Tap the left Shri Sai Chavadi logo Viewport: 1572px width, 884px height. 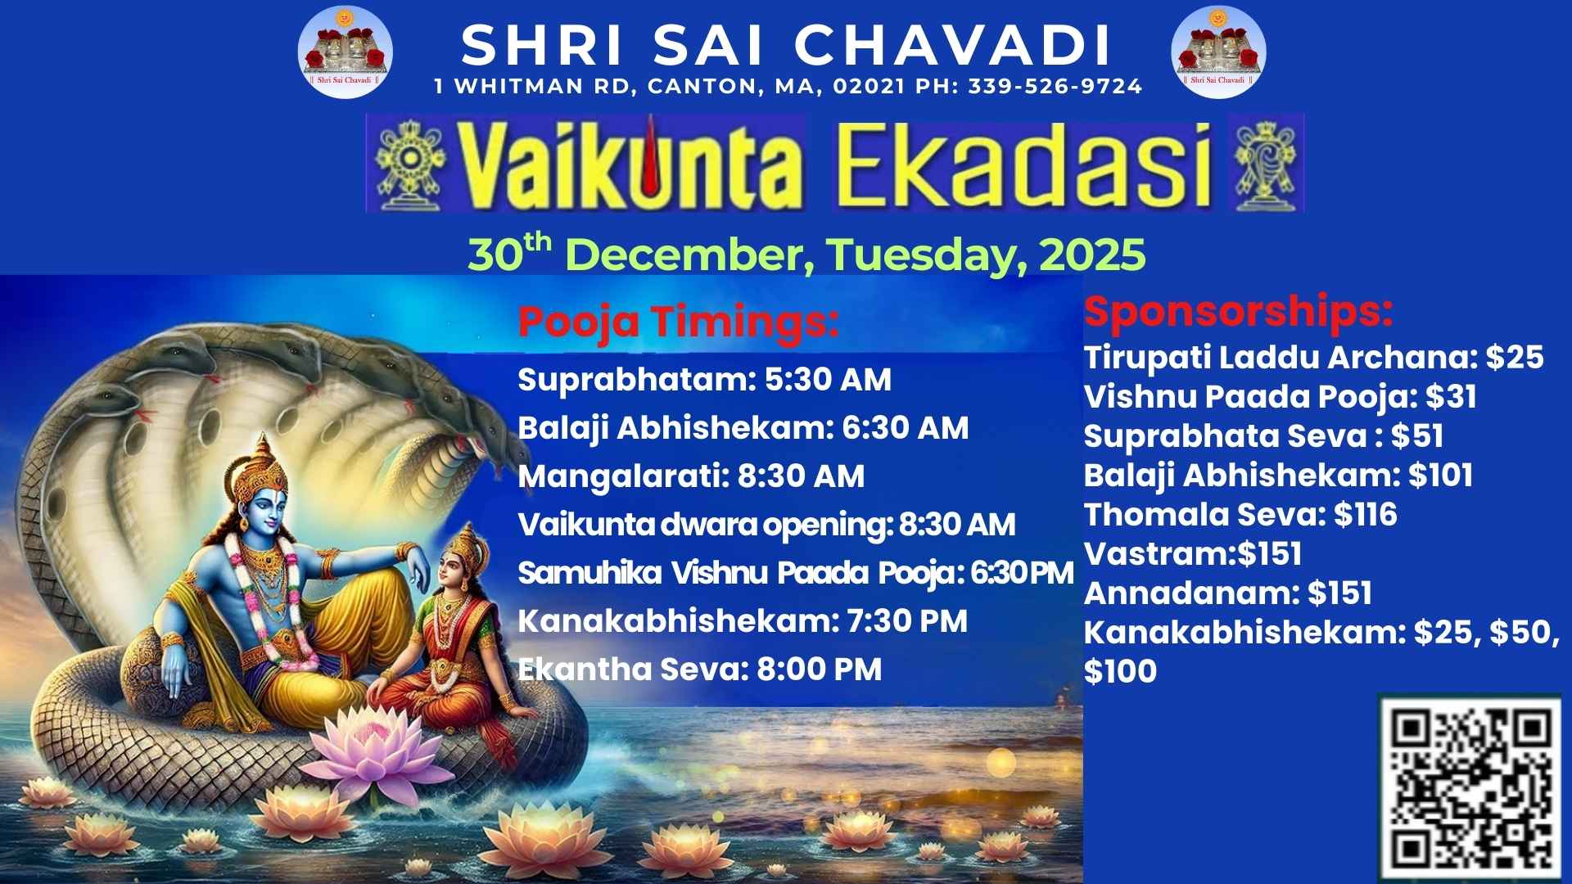click(345, 52)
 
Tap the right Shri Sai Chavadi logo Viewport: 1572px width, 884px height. click(1218, 52)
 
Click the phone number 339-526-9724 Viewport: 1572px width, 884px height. click(1055, 86)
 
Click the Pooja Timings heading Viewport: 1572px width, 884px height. click(679, 322)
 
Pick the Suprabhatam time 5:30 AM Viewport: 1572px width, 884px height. click(828, 380)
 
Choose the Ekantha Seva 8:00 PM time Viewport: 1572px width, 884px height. click(819, 670)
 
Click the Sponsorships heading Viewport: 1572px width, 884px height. click(1239, 312)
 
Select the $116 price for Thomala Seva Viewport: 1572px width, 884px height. click(1365, 515)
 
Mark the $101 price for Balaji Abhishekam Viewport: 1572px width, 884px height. click(1440, 476)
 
